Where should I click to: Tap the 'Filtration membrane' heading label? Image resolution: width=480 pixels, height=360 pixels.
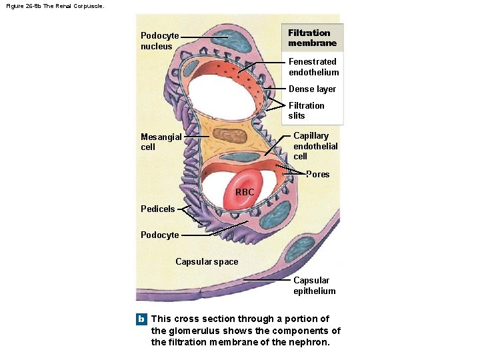pos(312,38)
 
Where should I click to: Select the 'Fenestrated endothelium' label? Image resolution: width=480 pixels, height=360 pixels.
pos(313,67)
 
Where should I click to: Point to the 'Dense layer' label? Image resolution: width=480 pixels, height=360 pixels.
pos(312,89)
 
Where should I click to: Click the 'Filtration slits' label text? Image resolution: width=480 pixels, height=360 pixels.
pos(307,111)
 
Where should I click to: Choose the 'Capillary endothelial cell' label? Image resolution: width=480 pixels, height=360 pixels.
pos(315,146)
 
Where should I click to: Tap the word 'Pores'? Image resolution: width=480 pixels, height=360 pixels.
pos(317,175)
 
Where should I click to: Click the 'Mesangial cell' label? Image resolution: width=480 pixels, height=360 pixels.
pos(161,142)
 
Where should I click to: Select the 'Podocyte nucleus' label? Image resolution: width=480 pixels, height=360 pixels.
pos(160,41)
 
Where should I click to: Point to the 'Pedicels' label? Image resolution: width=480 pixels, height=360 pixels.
pos(157,209)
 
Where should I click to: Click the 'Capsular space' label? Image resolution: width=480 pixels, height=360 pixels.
pos(207,262)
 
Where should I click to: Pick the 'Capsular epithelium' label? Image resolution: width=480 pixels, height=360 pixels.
pos(315,286)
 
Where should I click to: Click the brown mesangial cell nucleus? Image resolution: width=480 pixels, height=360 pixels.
pos(233,137)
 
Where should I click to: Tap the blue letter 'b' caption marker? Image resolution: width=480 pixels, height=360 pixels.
pos(141,319)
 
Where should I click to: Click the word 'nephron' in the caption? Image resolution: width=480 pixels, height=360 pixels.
pos(307,343)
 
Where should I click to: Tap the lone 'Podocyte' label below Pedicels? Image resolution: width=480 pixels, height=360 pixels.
pos(160,235)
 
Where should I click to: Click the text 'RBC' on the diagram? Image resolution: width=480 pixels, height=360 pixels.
pos(245,193)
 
